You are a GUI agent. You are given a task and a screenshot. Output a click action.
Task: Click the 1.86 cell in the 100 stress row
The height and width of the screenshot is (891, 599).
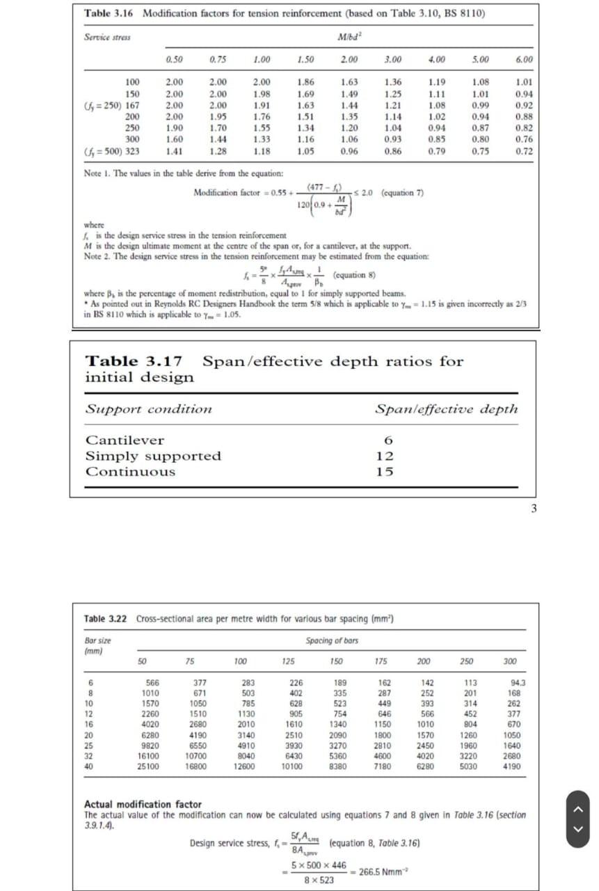[x=305, y=82]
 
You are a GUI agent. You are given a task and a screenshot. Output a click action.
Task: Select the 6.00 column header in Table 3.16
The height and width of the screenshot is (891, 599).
[x=524, y=59]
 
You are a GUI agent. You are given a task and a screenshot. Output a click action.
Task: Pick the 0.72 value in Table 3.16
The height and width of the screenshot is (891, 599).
[x=524, y=150]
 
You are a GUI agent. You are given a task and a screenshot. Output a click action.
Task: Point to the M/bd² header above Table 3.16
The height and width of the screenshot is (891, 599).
[x=346, y=36]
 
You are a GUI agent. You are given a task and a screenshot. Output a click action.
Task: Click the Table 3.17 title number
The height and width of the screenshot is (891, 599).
[x=134, y=361]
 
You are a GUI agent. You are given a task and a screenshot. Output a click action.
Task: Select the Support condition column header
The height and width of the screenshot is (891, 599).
[x=148, y=409]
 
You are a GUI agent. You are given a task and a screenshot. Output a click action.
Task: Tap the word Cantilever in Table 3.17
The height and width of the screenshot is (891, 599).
[x=125, y=440]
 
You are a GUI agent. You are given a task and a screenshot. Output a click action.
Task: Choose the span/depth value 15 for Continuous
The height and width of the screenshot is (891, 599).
[x=384, y=472]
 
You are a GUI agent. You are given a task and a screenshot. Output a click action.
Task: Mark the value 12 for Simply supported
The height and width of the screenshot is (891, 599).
[x=384, y=456]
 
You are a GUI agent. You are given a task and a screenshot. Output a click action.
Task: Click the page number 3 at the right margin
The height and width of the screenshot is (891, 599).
[x=534, y=508]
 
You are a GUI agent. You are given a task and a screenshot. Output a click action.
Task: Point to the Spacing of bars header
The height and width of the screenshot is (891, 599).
[x=332, y=640]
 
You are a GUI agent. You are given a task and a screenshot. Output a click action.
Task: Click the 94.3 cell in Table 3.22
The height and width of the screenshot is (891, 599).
[x=518, y=684]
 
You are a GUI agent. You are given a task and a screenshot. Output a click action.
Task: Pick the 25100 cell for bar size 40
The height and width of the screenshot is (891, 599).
[x=148, y=766]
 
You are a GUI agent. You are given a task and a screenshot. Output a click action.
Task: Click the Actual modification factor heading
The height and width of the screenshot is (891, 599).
[x=143, y=804]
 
